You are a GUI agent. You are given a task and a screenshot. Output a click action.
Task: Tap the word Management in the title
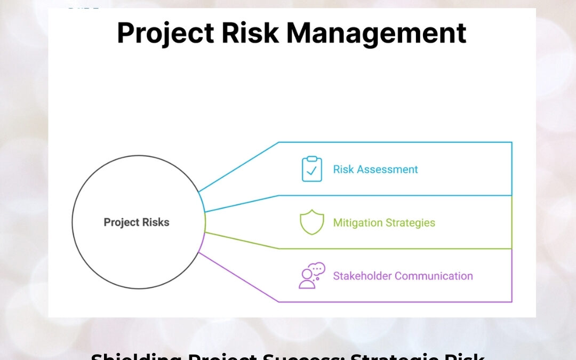(x=377, y=34)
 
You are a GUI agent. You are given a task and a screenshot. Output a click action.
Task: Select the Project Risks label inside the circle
(x=137, y=222)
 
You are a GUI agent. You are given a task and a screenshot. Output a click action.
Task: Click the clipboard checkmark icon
(x=311, y=169)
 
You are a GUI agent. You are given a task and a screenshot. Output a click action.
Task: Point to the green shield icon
(x=311, y=222)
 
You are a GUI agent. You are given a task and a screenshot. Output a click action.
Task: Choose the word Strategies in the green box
(x=410, y=223)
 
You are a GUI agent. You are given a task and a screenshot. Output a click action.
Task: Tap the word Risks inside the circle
(x=155, y=222)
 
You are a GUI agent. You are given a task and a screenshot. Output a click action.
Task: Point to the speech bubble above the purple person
(x=318, y=269)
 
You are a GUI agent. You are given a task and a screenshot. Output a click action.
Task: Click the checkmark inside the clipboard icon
(x=312, y=171)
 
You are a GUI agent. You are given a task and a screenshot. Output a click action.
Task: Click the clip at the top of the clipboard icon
(x=312, y=159)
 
